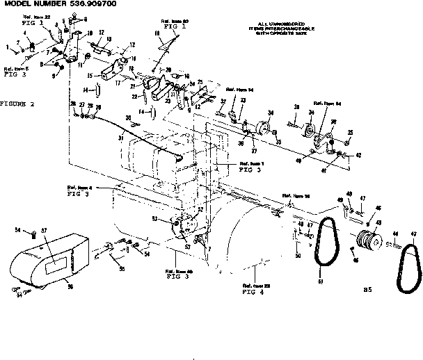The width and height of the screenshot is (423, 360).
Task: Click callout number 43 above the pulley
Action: [380, 222]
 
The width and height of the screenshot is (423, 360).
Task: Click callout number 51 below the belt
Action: [320, 281]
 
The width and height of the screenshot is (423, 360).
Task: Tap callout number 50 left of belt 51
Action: [298, 256]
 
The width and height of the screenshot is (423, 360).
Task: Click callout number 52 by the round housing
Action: [200, 208]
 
